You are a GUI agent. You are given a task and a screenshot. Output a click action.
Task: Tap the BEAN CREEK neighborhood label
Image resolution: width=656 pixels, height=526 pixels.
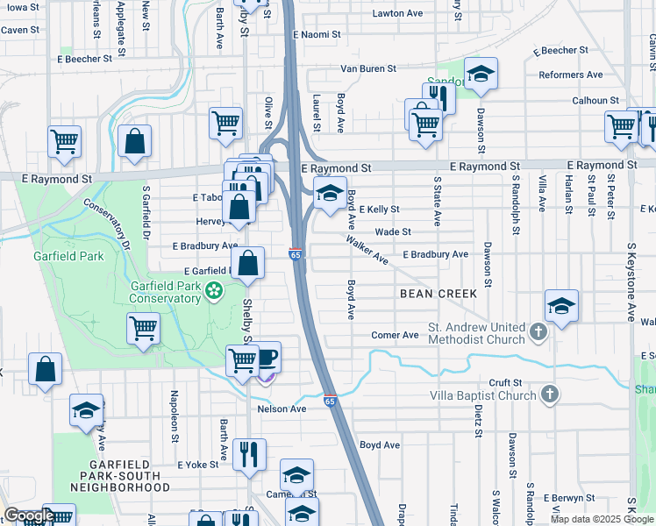point(439,294)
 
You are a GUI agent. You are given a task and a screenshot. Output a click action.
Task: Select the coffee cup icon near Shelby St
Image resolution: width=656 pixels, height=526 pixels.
point(267,357)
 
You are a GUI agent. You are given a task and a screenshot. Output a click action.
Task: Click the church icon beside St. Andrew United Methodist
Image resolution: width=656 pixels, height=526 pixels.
point(538,333)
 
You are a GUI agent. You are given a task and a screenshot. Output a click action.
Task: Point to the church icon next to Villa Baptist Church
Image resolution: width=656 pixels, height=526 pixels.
point(549,395)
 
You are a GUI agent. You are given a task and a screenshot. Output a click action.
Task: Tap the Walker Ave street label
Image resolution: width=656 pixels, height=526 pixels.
point(367,249)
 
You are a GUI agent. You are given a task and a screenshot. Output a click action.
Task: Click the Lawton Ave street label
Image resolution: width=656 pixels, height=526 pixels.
point(398,14)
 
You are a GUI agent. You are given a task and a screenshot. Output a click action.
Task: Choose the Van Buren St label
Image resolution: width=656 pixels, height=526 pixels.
point(368,68)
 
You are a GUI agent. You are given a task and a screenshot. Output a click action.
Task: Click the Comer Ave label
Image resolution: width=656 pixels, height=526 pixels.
point(395,335)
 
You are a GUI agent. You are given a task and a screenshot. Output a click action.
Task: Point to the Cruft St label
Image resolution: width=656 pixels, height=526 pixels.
point(505,383)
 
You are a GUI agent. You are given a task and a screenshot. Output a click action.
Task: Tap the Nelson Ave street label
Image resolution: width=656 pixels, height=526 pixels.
point(282,409)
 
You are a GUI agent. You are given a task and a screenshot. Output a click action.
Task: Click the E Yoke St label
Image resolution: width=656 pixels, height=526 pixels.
point(197,465)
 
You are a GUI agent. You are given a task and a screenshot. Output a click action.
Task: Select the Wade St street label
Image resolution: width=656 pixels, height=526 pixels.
point(393,232)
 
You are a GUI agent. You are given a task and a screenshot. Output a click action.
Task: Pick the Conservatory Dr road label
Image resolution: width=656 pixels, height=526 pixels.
point(111,224)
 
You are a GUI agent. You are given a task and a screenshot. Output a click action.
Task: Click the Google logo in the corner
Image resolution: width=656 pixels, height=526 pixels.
point(28,516)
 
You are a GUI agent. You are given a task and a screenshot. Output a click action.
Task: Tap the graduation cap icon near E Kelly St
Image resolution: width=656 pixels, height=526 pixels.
point(330,194)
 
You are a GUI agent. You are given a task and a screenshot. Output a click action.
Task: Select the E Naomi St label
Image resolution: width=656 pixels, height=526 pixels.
point(317,34)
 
